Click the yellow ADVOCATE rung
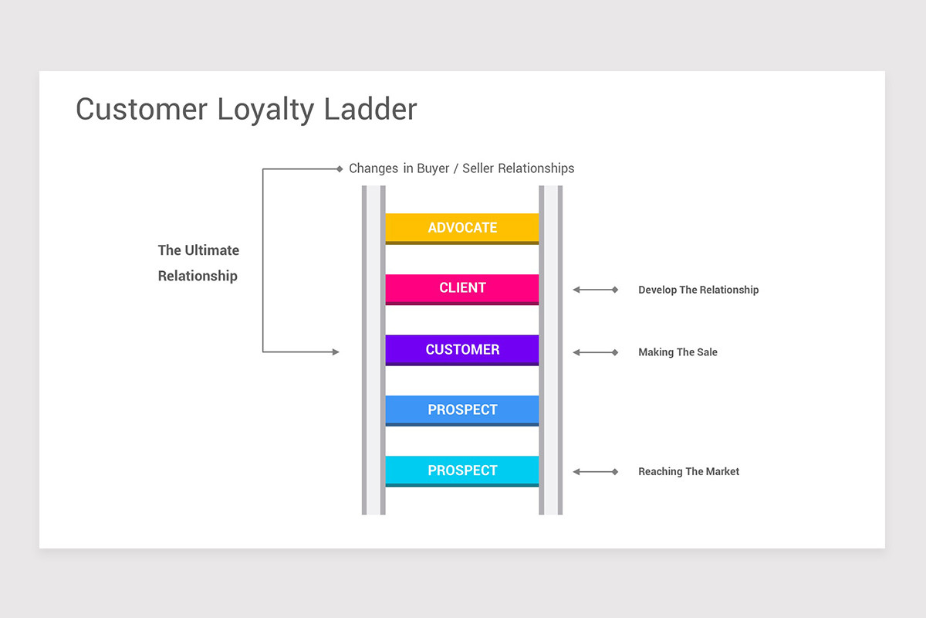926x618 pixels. click(462, 228)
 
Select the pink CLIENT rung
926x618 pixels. click(462, 288)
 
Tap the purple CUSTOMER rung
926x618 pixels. click(462, 349)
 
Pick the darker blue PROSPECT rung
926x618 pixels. click(462, 409)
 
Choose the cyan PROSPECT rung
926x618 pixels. click(462, 470)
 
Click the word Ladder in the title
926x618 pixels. click(370, 109)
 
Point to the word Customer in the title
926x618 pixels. click(142, 109)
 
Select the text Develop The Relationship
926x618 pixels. click(698, 290)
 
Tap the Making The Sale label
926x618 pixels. click(678, 352)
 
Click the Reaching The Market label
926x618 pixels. click(688, 471)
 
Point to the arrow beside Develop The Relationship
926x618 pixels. click(595, 290)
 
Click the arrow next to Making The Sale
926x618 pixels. click(595, 352)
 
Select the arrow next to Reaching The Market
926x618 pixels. click(595, 471)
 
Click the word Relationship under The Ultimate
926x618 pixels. click(198, 276)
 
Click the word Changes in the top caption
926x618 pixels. click(373, 168)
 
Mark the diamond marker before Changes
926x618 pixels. click(340, 168)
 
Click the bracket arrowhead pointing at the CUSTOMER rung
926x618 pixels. click(335, 352)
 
